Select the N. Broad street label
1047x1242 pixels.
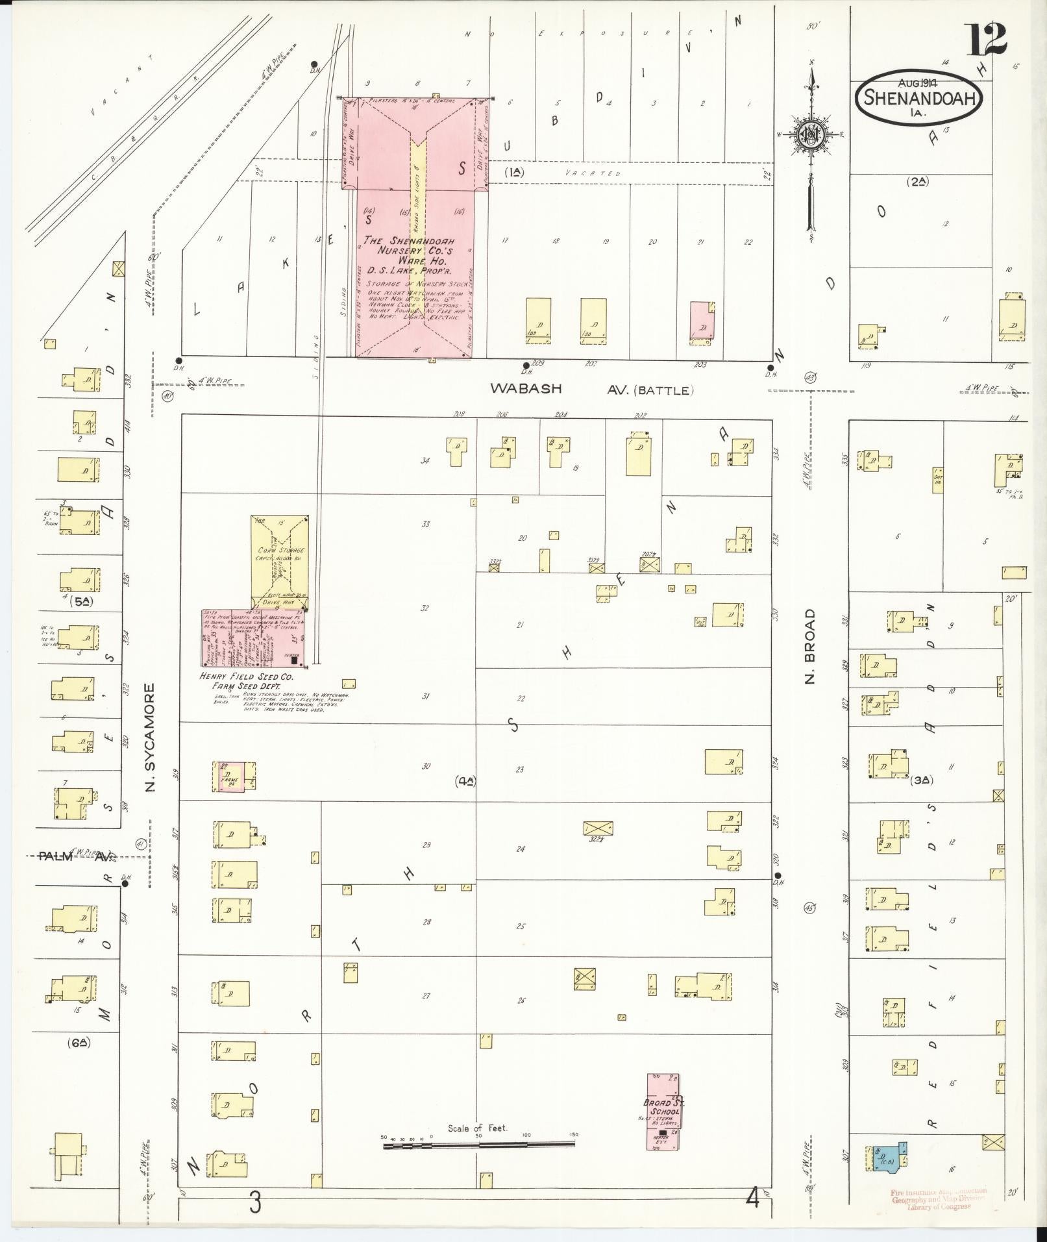[x=809, y=646]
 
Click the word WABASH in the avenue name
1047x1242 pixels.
[x=525, y=388]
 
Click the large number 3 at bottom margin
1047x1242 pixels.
[x=255, y=1203]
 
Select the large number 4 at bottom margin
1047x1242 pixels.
[x=752, y=1200]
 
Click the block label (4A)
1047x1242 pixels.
[x=466, y=782]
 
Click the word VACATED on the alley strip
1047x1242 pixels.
[x=592, y=173]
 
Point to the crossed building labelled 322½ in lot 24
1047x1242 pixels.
[x=598, y=828]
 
